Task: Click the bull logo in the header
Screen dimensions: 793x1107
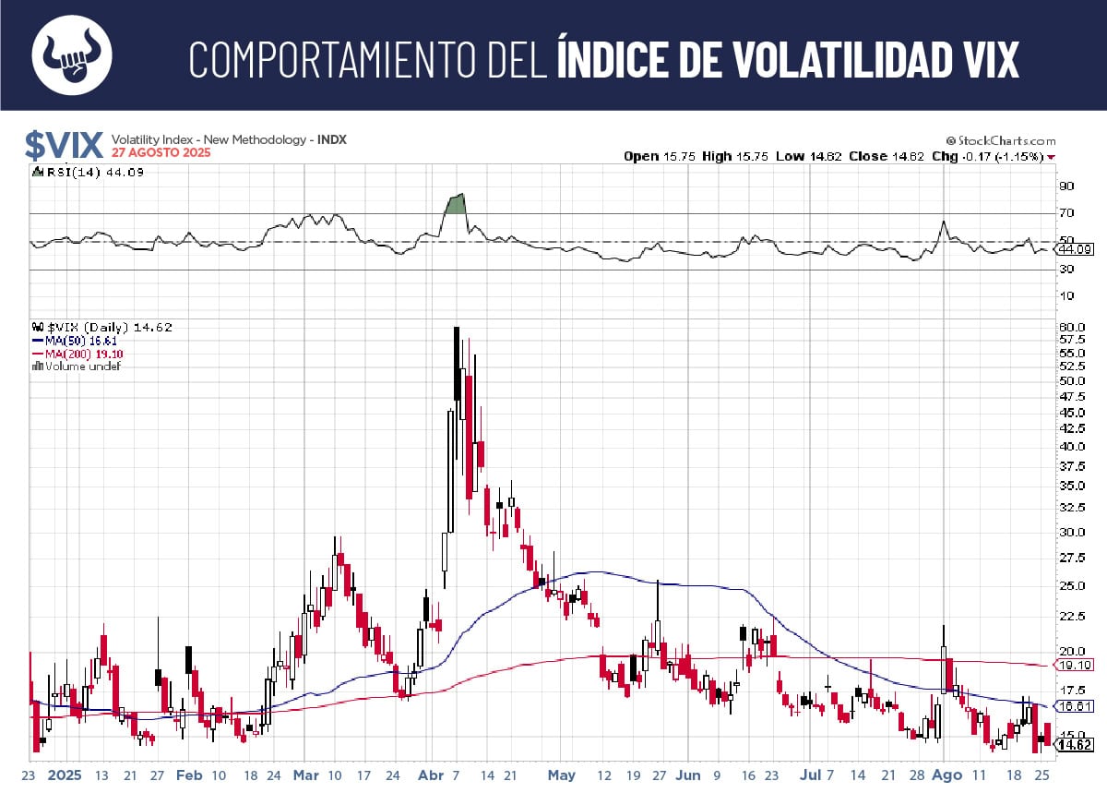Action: pos(72,56)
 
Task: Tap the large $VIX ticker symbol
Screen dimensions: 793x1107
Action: pos(64,146)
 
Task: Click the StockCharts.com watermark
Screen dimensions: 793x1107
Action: pos(1000,141)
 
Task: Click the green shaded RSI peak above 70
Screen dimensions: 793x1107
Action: pos(455,203)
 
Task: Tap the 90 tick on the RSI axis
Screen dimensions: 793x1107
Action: pos(1066,186)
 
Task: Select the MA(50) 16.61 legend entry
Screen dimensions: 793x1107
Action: pos(84,341)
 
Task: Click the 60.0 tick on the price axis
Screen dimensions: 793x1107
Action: pos(1072,327)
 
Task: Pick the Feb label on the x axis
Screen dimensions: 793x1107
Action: pos(188,775)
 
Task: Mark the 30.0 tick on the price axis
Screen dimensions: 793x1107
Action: pos(1072,532)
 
